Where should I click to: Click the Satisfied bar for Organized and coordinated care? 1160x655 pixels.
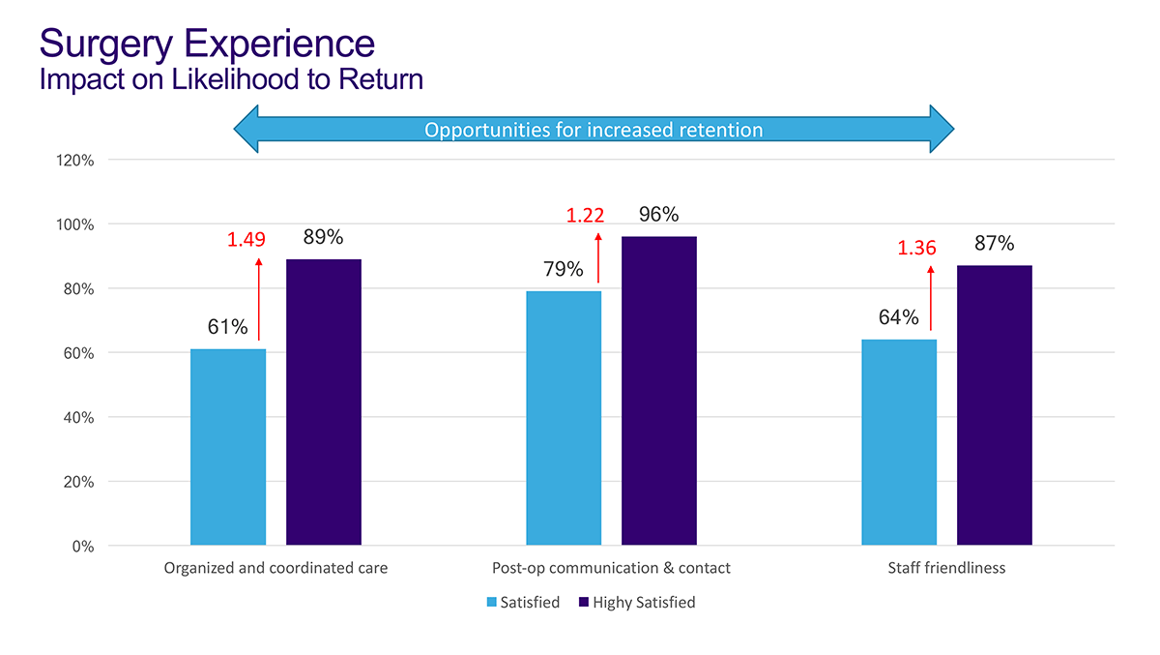pyautogui.click(x=228, y=447)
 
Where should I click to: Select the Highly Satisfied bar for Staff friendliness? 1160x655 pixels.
pyautogui.click(x=994, y=405)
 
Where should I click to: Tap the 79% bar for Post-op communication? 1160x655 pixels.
pyautogui.click(x=564, y=418)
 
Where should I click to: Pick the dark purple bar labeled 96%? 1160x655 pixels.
pyautogui.click(x=658, y=391)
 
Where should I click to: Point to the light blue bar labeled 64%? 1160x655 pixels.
pyautogui.click(x=899, y=442)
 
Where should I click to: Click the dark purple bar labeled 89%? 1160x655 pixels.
pyautogui.click(x=324, y=402)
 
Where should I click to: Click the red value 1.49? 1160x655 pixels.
pyautogui.click(x=246, y=239)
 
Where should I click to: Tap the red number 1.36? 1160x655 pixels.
pyautogui.click(x=916, y=249)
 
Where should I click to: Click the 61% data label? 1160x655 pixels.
pyautogui.click(x=228, y=327)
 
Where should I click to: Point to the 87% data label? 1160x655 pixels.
pyautogui.click(x=994, y=244)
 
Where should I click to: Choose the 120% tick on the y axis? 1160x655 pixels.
pyautogui.click(x=74, y=161)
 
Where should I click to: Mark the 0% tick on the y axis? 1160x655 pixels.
pyautogui.click(x=82, y=547)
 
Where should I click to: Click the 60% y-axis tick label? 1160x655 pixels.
pyautogui.click(x=77, y=354)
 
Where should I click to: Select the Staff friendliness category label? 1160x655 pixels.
pyautogui.click(x=946, y=569)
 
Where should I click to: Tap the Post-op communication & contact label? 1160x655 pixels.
pyautogui.click(x=611, y=569)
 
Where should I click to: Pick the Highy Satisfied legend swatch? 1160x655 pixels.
pyautogui.click(x=583, y=603)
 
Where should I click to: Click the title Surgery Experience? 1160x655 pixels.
pyautogui.click(x=207, y=44)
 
